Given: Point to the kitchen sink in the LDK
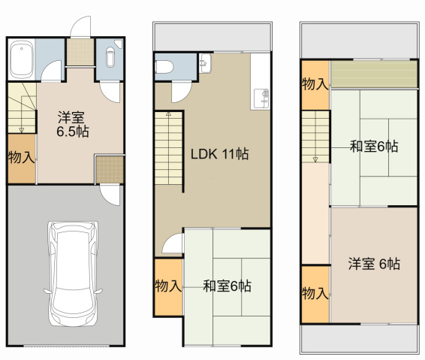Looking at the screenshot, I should (x=260, y=96).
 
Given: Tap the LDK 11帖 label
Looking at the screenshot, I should (x=219, y=155).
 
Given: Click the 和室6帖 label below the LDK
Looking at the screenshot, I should (x=227, y=286).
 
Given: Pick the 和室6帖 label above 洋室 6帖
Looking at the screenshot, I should (x=374, y=146).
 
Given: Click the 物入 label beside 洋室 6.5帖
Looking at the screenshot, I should (x=20, y=158).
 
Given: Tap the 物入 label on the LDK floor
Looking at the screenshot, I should (x=167, y=286).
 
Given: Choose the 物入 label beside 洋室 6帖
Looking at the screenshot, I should (x=315, y=292).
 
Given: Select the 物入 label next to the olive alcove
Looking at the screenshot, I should (x=315, y=83).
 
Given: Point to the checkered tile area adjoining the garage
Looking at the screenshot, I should (x=110, y=168).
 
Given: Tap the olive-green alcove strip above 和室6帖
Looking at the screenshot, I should (x=373, y=74).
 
